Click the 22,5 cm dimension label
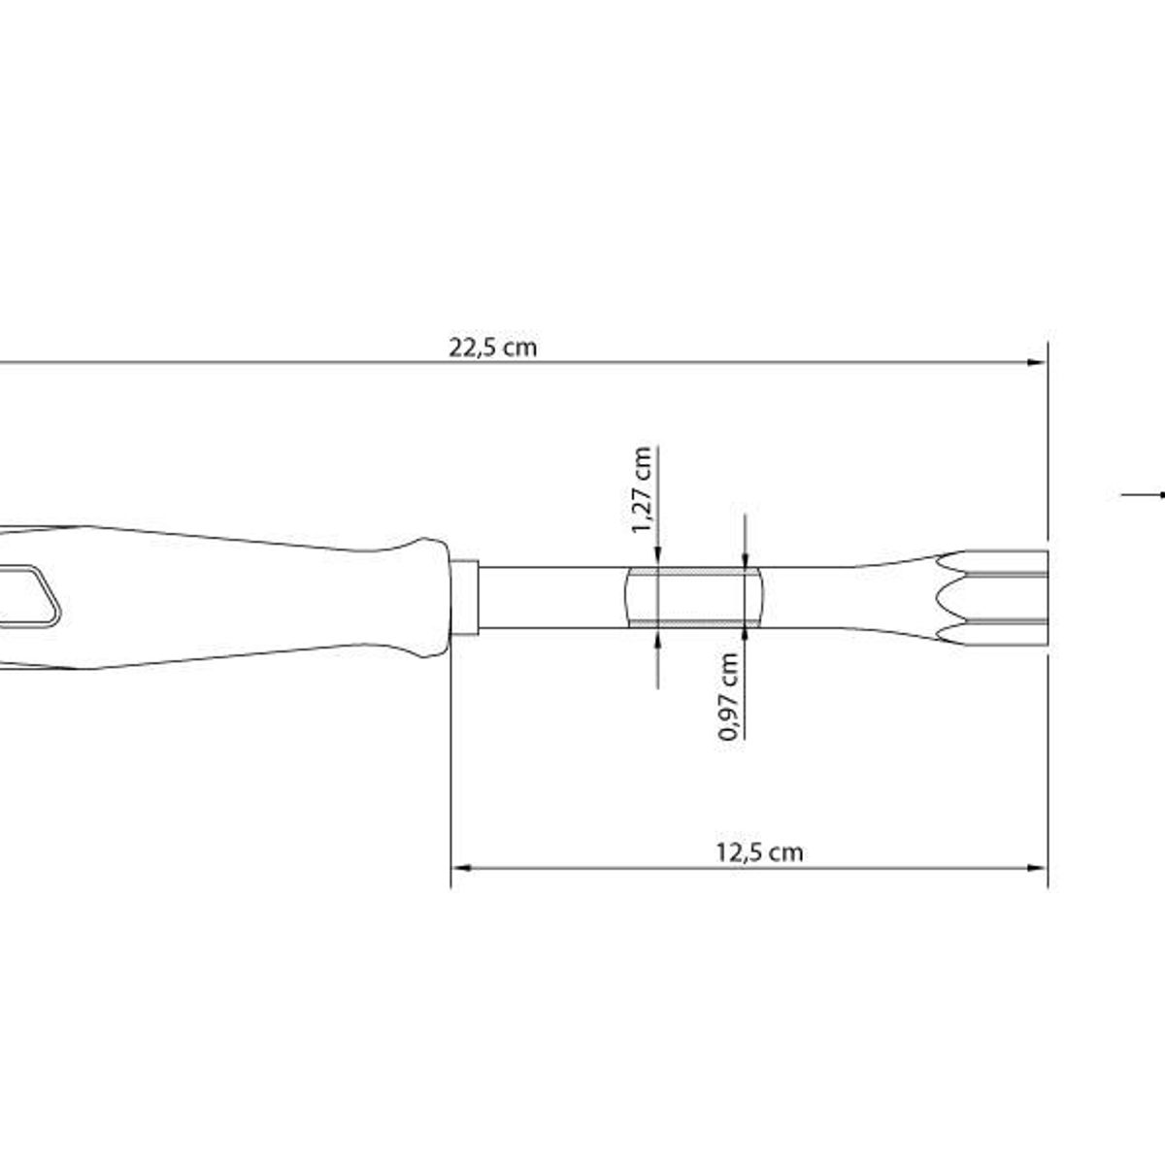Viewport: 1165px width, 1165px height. click(x=492, y=348)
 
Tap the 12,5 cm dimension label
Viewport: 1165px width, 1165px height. click(x=759, y=852)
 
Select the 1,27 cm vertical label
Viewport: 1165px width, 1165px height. click(x=642, y=490)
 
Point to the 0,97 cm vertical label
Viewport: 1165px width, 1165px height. click(x=728, y=696)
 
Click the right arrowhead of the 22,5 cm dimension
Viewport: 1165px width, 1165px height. click(x=1037, y=363)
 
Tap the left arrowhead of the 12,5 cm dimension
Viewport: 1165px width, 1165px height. click(x=462, y=868)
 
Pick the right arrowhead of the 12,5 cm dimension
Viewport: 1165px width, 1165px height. click(x=1037, y=868)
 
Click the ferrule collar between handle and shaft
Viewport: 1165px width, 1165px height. click(x=465, y=598)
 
